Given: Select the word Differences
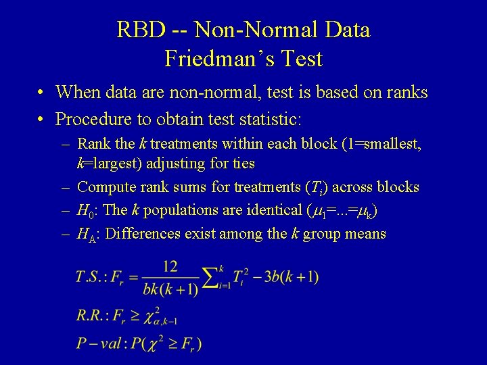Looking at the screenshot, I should pos(138,234).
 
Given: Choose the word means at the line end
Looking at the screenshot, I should pos(366,234).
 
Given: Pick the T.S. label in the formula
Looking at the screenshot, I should pos(91,276).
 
